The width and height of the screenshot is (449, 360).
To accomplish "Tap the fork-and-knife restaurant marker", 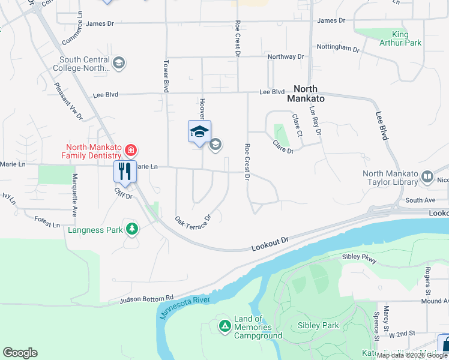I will click(x=125, y=171).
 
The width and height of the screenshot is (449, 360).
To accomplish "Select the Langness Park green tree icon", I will click(x=131, y=229).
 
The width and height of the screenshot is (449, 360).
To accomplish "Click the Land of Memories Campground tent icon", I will click(x=224, y=326).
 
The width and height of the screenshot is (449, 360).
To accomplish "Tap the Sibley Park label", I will click(x=318, y=326).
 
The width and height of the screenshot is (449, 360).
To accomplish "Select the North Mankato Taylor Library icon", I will click(x=427, y=177).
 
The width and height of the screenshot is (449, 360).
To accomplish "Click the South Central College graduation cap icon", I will click(x=119, y=64).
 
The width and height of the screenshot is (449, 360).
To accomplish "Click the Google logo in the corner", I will click(x=20, y=353).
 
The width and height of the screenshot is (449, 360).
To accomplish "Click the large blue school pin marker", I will click(x=199, y=133).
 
